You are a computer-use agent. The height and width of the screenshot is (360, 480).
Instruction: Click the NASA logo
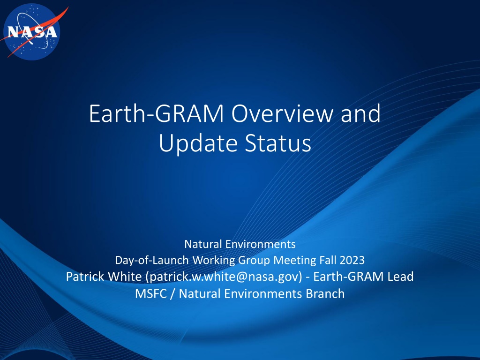(32, 32)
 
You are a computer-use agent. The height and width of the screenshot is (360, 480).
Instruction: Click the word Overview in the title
(282, 113)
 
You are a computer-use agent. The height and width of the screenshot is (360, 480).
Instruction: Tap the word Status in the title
(278, 143)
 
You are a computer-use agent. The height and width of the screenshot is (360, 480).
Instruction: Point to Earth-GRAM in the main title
(157, 113)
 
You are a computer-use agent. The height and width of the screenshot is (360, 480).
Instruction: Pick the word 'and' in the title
(360, 113)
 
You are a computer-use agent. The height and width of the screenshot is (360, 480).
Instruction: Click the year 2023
(352, 260)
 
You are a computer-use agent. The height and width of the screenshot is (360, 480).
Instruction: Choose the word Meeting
(295, 261)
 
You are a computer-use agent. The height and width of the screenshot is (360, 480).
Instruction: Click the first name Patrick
(85, 277)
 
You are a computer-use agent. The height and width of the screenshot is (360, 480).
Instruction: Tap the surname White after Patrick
(125, 277)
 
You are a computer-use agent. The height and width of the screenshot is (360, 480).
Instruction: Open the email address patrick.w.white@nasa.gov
(224, 277)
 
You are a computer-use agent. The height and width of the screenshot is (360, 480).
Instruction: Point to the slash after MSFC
(173, 294)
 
